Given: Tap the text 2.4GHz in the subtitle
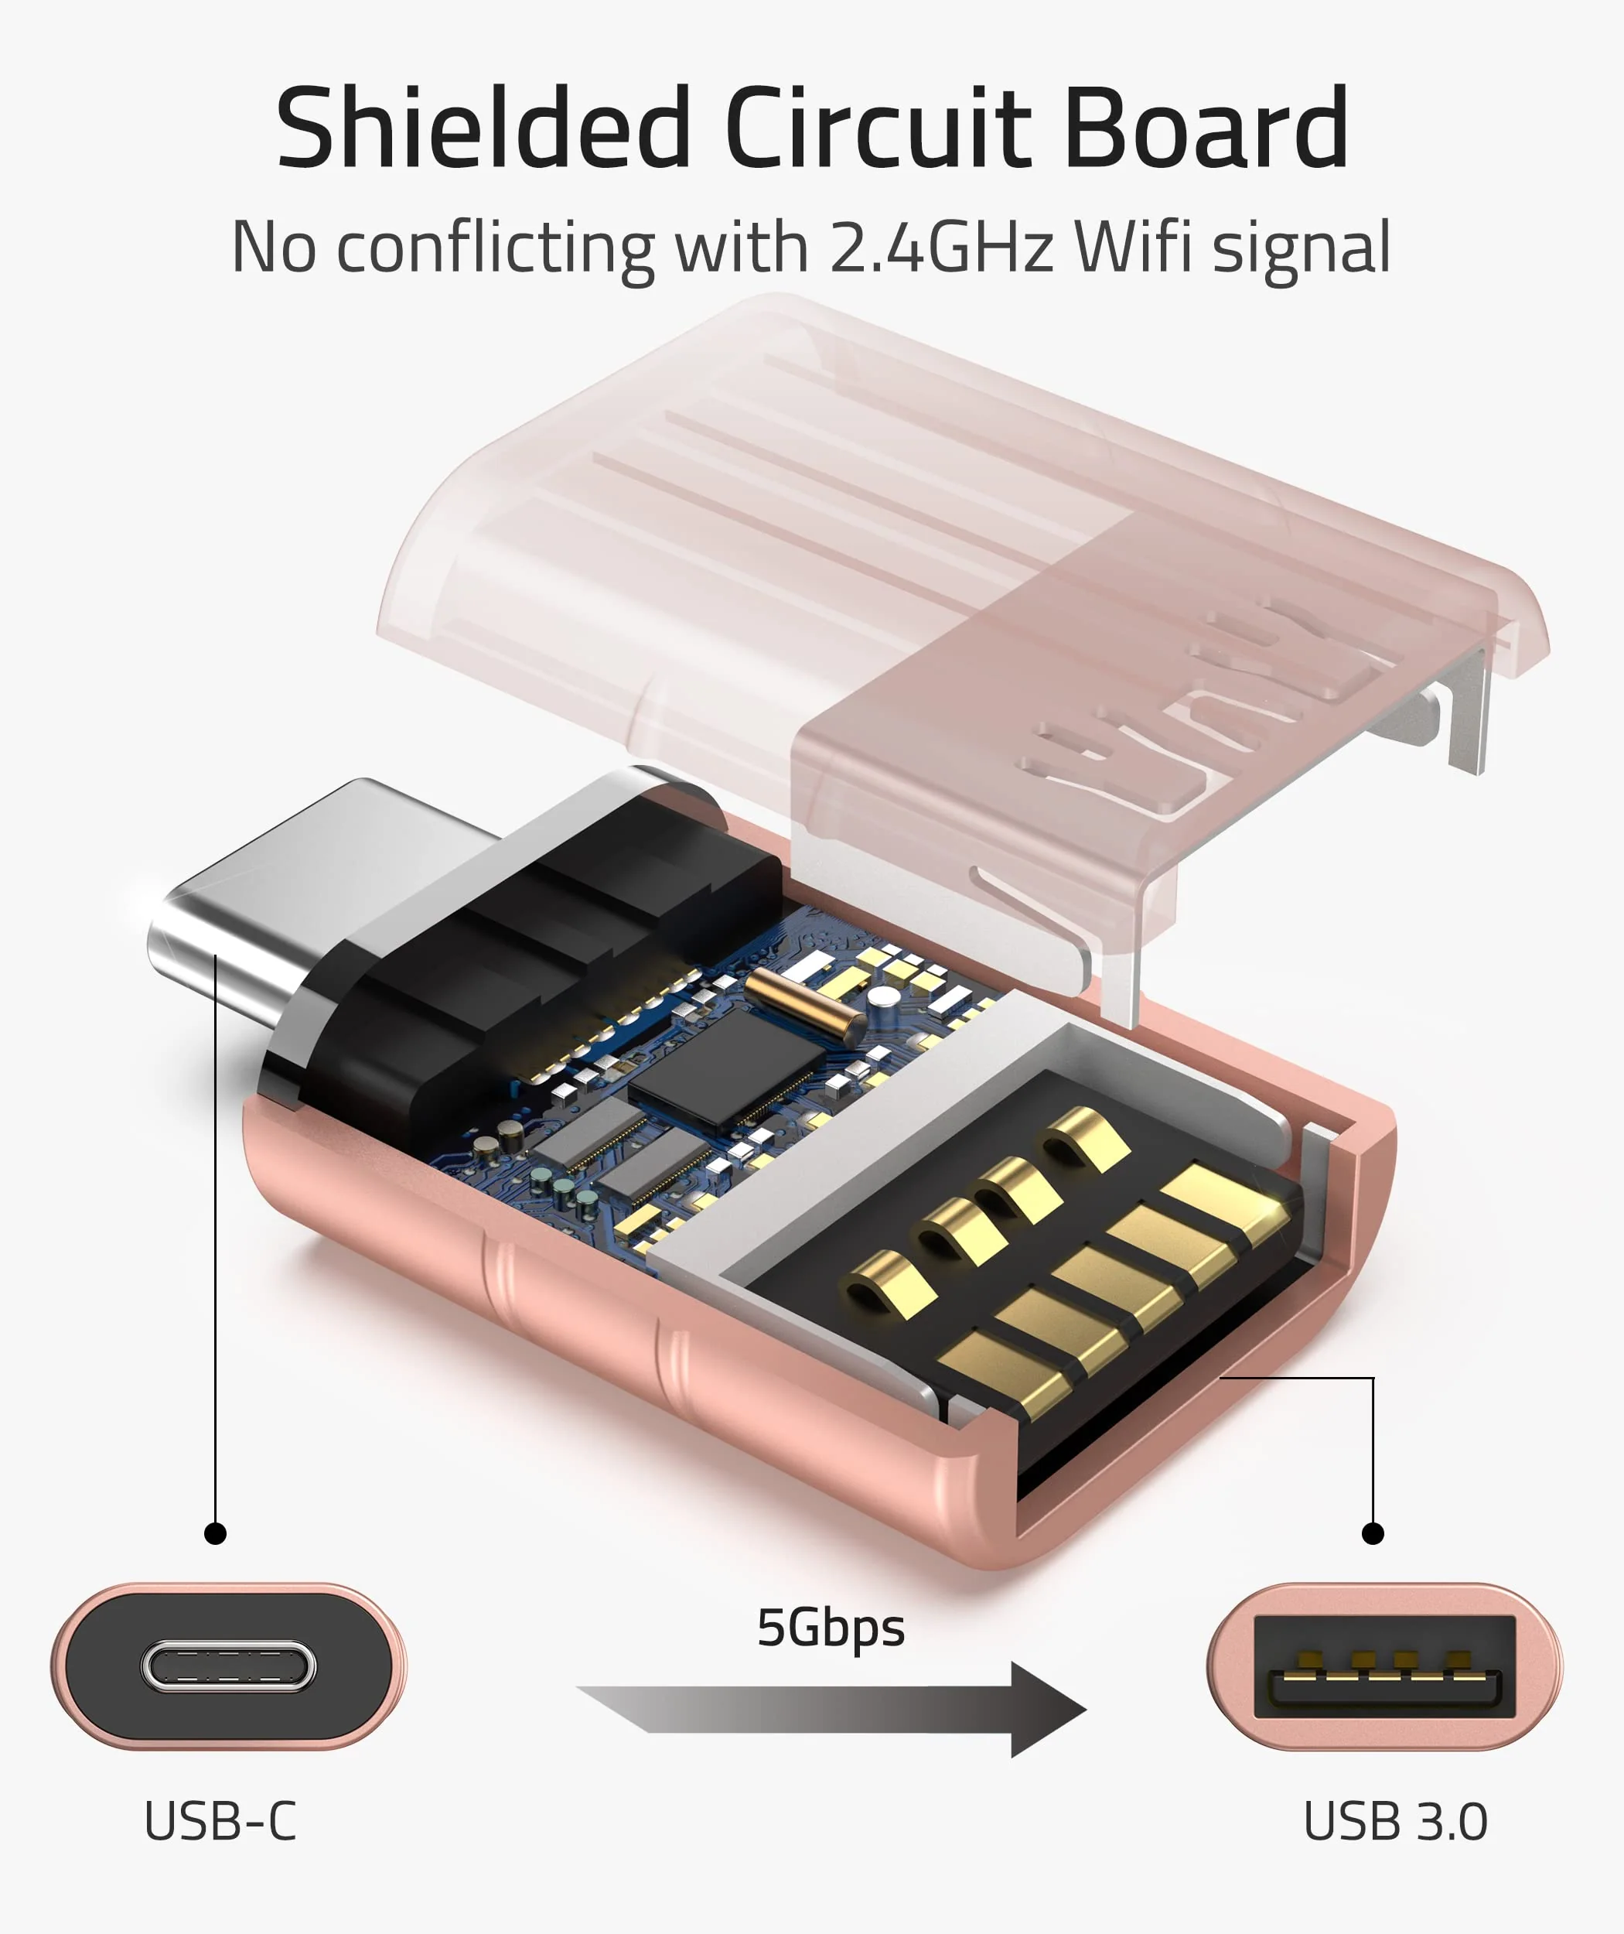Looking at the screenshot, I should point(940,247).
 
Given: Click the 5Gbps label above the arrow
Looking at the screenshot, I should point(831,1628).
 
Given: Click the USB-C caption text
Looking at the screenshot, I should point(220,1821).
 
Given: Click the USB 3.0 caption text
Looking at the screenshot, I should point(1395,1821).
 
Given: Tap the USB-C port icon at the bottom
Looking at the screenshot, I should point(228,1666).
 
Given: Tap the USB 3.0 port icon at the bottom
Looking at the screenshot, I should point(1383,1666).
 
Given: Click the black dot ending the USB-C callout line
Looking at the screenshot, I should point(216,1533).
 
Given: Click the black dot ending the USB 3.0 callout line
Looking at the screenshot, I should point(1373,1533).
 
